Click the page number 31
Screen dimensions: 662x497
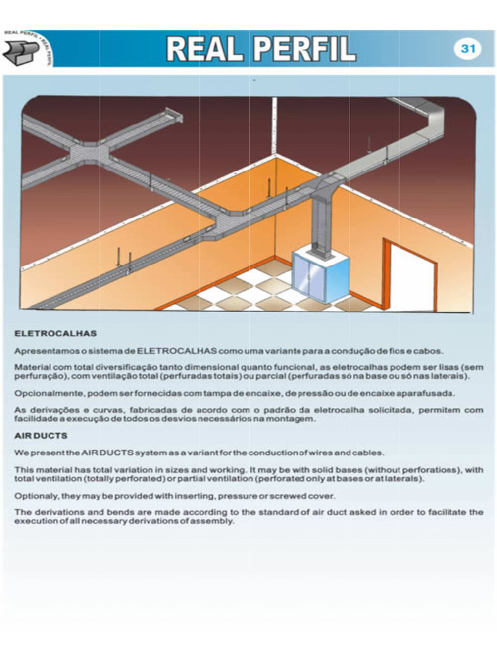pos(468,49)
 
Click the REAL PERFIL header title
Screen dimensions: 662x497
pos(261,48)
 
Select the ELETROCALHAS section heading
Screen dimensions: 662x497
pos(56,334)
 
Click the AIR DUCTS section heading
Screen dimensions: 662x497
pos(41,436)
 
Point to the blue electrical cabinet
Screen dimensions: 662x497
pos(320,277)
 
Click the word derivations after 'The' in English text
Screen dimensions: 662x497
pos(60,511)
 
